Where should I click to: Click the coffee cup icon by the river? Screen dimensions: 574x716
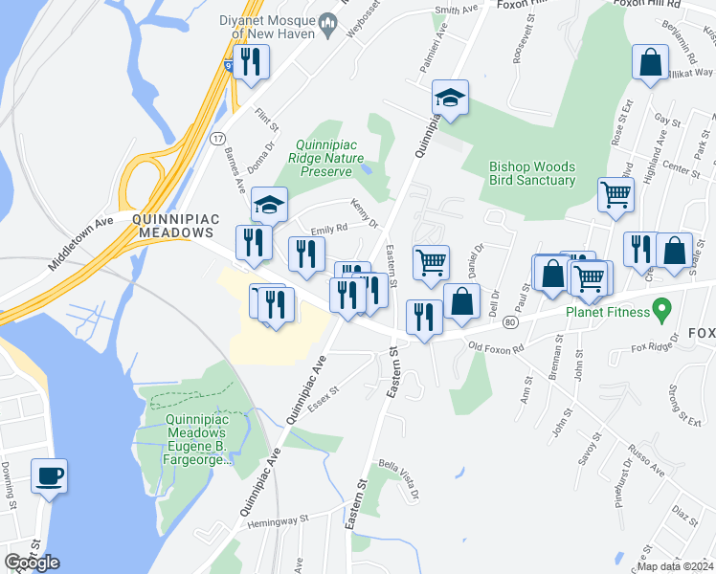[x=49, y=475]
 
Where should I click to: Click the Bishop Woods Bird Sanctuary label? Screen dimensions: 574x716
[x=532, y=172]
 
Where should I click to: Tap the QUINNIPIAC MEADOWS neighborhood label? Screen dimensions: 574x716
[x=173, y=226]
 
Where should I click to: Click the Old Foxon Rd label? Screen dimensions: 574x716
[x=495, y=346]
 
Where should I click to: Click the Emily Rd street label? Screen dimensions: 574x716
[x=327, y=232]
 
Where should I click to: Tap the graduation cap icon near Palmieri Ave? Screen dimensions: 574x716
[x=450, y=97]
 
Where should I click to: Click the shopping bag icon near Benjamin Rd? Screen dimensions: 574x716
[x=650, y=63]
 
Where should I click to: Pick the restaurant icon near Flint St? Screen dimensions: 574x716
[x=251, y=61]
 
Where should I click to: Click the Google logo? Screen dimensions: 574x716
[x=32, y=563]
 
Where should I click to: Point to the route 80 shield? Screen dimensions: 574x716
[x=511, y=323]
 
